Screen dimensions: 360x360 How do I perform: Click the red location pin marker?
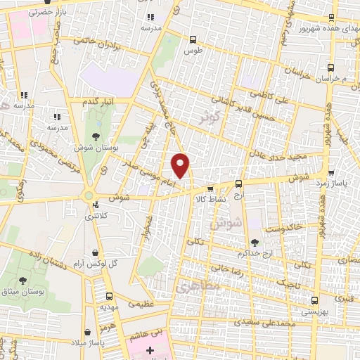pos(181,165)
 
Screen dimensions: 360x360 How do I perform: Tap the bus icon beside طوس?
pos(193,39)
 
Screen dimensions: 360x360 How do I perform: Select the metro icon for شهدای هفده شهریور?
pos(332,19)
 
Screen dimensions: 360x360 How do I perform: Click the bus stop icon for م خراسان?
pos(330,68)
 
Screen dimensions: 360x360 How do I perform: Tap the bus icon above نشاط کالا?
pos(210,188)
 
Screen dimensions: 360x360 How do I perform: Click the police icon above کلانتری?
pos(96,205)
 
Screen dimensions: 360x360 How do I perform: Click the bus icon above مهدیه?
pos(108,297)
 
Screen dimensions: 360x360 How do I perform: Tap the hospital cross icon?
pos(149,350)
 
